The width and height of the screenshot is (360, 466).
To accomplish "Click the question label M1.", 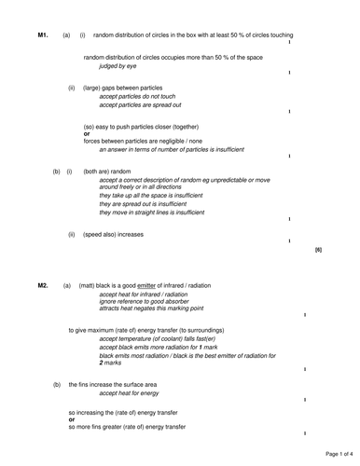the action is coord(43,34).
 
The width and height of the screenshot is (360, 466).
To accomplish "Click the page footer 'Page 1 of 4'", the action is coord(335,453).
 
